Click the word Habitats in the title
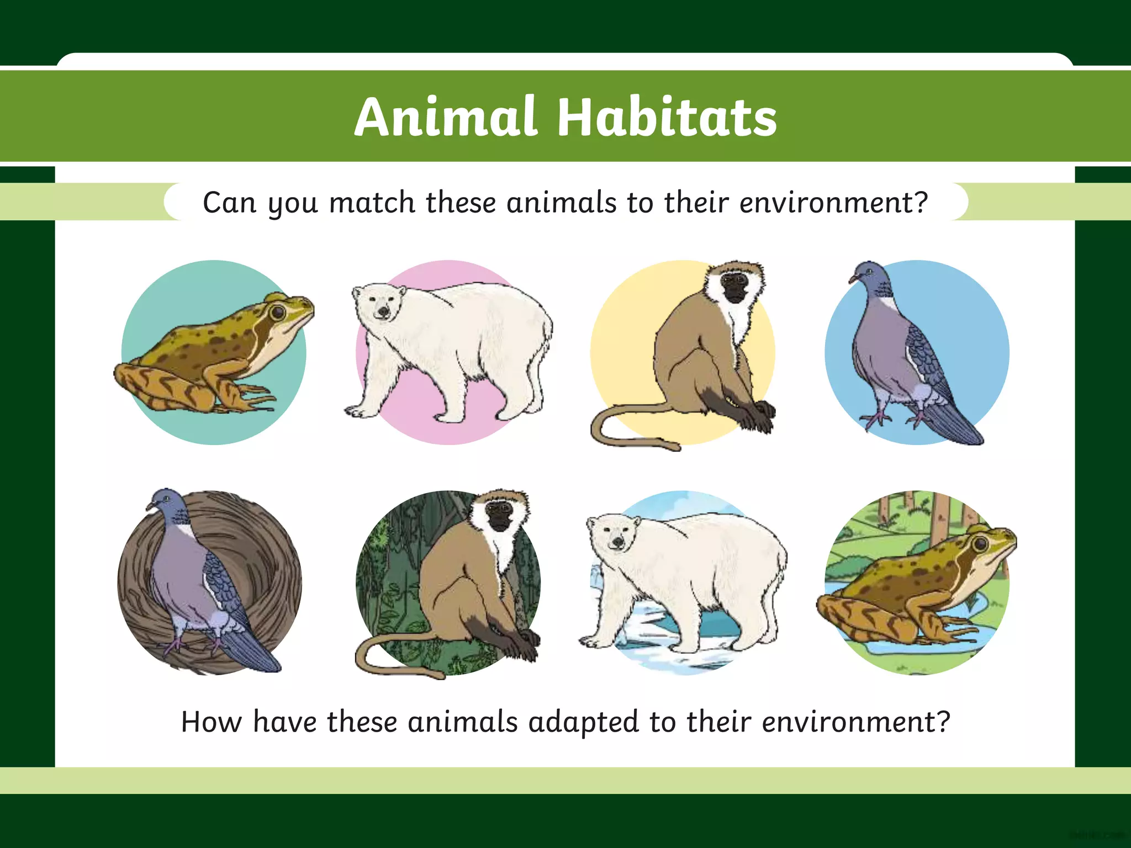[667, 117]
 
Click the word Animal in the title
[445, 117]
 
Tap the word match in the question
[372, 202]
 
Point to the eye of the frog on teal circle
[278, 312]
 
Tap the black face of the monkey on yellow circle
[735, 288]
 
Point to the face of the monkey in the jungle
[501, 517]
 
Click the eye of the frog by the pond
[981, 543]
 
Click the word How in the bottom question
[211, 722]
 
